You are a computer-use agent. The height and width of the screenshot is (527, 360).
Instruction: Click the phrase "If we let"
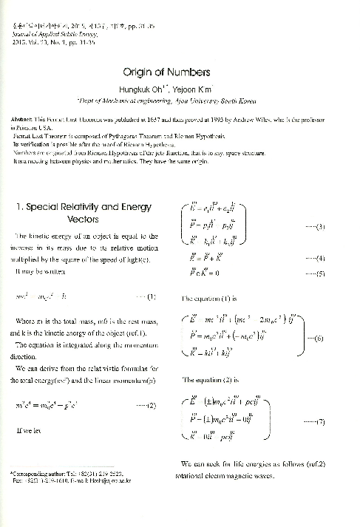pos(37,429)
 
